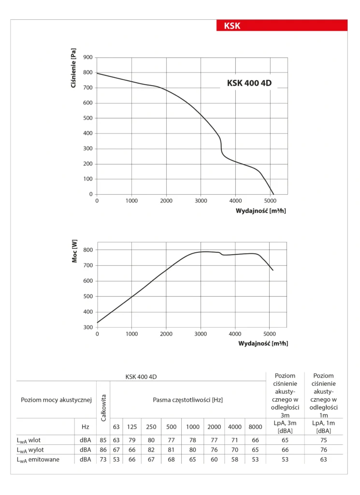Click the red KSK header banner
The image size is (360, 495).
coord(282,26)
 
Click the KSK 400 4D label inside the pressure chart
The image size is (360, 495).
coord(249,83)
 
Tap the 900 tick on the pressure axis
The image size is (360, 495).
coord(87,58)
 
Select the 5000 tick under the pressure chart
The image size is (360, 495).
coord(270,201)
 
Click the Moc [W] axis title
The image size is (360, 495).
coord(74,252)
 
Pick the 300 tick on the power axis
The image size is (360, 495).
coord(87,327)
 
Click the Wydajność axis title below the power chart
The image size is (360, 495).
coord(263,344)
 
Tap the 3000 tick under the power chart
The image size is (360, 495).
coord(201,334)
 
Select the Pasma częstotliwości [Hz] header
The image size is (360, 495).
coord(187,400)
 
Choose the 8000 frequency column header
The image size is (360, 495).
coord(255,427)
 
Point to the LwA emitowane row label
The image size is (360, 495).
coord(38,459)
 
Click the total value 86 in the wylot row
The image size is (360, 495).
coord(103,450)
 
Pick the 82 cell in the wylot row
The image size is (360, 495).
coord(151,450)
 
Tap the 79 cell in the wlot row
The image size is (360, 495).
coord(132,440)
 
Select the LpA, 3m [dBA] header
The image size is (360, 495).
coord(285,427)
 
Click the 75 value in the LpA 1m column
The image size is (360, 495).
coord(324,440)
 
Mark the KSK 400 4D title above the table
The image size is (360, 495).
coord(141,376)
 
